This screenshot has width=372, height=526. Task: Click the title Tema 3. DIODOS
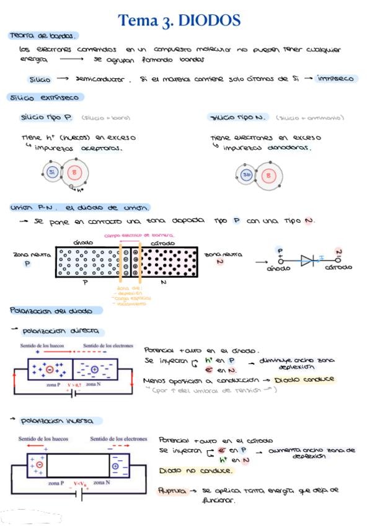coord(179,20)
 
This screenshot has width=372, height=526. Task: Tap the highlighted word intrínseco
coord(335,79)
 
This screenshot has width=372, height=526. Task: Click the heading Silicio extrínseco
coord(45,97)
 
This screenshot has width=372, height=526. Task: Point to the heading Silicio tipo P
coord(46,117)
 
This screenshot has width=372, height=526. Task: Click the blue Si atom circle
coord(52,172)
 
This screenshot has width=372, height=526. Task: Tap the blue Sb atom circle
coord(247,175)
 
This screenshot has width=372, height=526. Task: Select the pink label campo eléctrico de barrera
coord(139,236)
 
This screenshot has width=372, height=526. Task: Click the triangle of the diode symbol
coord(306,261)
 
